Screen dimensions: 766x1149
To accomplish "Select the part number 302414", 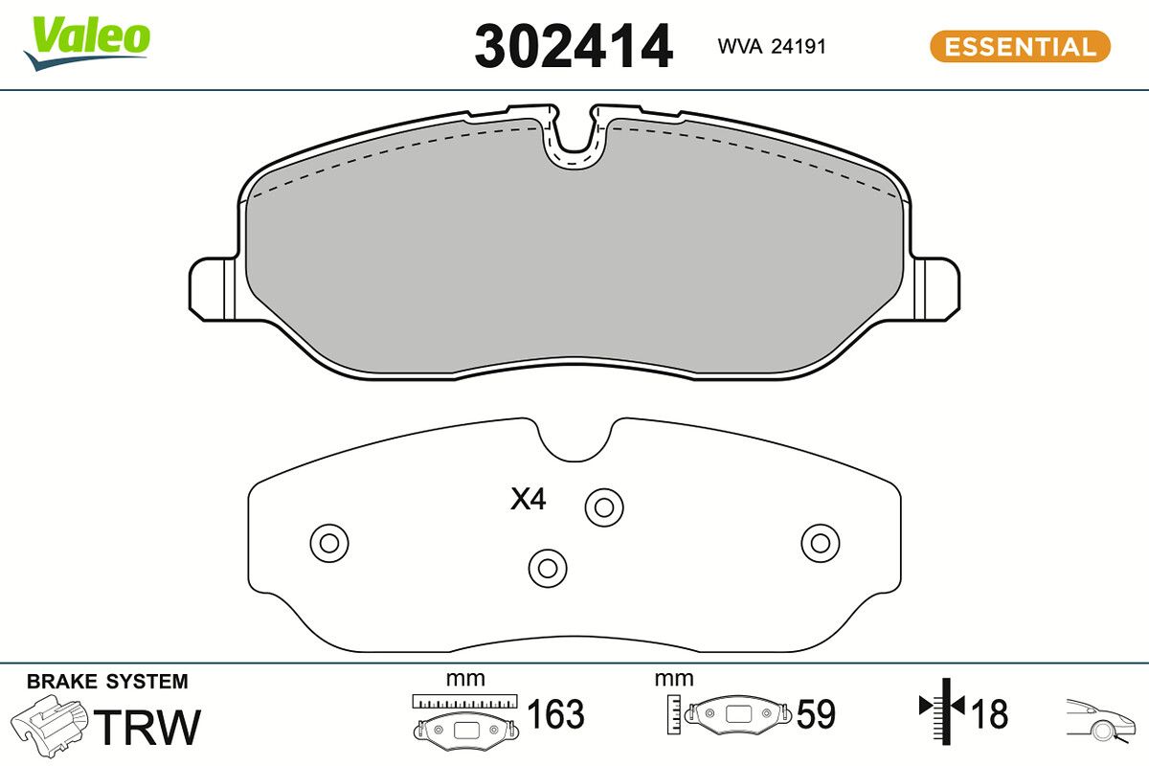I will pyautogui.click(x=574, y=46).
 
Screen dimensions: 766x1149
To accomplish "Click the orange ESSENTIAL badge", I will pyautogui.click(x=1020, y=46).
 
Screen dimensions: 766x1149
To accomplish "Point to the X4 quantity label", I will pyautogui.click(x=528, y=499).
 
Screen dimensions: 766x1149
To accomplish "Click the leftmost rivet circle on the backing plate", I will pyautogui.click(x=328, y=544).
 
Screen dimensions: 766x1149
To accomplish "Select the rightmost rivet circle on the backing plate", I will pyautogui.click(x=820, y=543).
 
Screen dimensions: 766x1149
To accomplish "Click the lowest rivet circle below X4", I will pyautogui.click(x=548, y=567).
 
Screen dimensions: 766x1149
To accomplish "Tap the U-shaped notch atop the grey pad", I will pyautogui.click(x=574, y=139).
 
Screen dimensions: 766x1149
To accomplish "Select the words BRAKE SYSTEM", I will pyautogui.click(x=107, y=682).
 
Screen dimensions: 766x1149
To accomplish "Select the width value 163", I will pyautogui.click(x=555, y=714).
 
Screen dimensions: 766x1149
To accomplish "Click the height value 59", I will pyautogui.click(x=816, y=714).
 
